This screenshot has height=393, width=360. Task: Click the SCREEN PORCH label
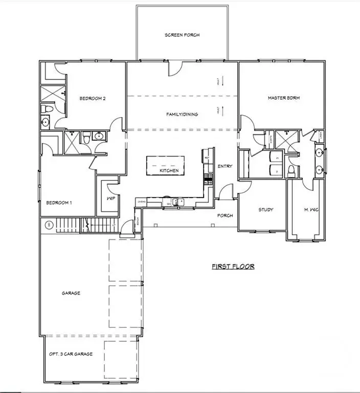click(x=182, y=35)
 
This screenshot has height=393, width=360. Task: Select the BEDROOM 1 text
click(x=59, y=203)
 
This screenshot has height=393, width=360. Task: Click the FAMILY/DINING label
click(x=182, y=114)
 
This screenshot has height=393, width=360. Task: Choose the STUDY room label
click(x=265, y=209)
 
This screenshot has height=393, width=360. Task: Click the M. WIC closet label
click(x=311, y=209)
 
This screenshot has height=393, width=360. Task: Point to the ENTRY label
click(x=225, y=166)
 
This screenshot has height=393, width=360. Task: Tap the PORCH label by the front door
click(x=225, y=215)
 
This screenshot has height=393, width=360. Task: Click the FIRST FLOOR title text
click(x=233, y=267)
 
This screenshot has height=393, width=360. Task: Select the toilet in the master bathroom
click(x=291, y=170)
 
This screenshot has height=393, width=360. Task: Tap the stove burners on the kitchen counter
click(x=208, y=179)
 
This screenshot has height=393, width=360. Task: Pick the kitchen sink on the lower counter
click(x=177, y=202)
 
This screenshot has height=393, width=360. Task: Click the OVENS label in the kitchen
click(x=142, y=202)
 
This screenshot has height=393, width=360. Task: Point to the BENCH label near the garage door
click(x=138, y=224)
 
